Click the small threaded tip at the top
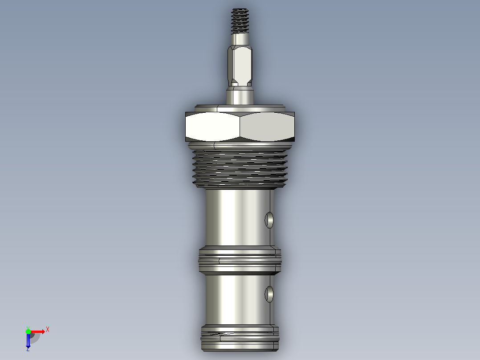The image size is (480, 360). coord(240,21)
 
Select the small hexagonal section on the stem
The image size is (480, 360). coord(240,66)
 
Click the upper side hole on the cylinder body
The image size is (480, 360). coord(269,220)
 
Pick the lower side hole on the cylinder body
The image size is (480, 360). coord(269,294)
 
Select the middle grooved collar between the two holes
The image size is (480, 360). coord(240,261)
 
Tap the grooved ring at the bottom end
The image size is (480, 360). coord(240,338)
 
